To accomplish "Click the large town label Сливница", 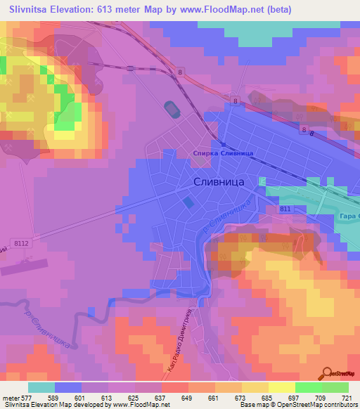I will click(218, 181).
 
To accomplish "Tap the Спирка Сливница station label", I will click(222, 152).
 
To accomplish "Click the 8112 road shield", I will click(22, 243).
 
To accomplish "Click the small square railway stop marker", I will click(223, 145).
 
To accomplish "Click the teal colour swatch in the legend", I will click(41, 387).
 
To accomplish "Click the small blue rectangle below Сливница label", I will click(188, 202).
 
